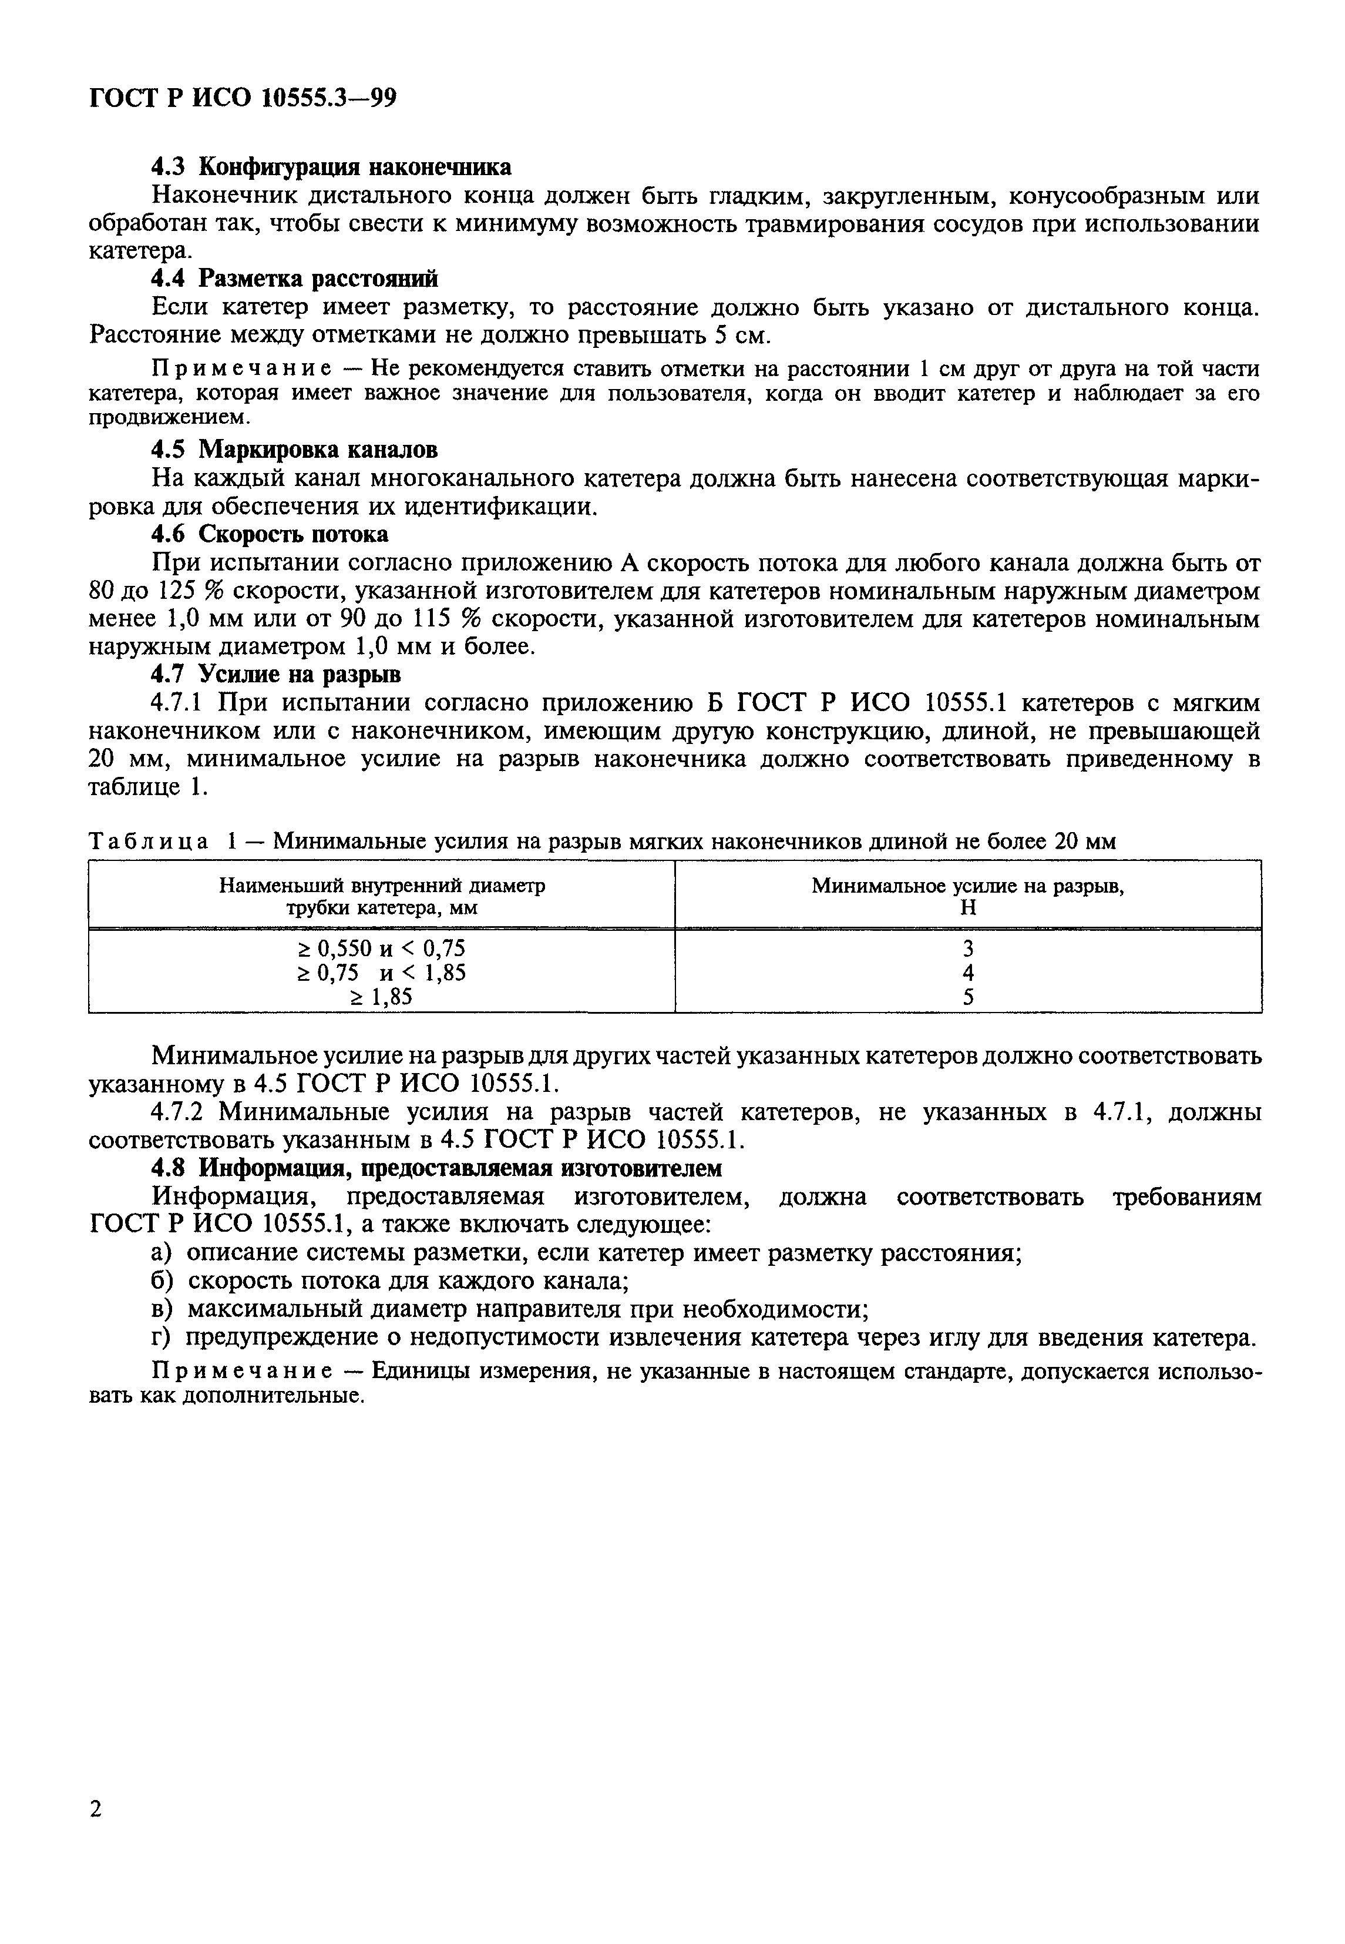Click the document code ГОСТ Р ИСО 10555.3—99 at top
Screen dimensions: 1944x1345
click(x=242, y=99)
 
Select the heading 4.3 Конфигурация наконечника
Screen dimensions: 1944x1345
click(x=330, y=167)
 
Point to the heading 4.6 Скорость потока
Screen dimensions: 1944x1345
click(x=270, y=534)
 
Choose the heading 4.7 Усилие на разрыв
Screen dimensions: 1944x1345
click(x=275, y=675)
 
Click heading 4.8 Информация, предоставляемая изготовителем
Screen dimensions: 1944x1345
click(x=436, y=1168)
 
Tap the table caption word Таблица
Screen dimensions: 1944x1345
click(x=149, y=842)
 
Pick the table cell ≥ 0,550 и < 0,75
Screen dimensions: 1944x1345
click(x=381, y=948)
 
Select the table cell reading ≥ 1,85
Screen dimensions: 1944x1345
click(x=381, y=997)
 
